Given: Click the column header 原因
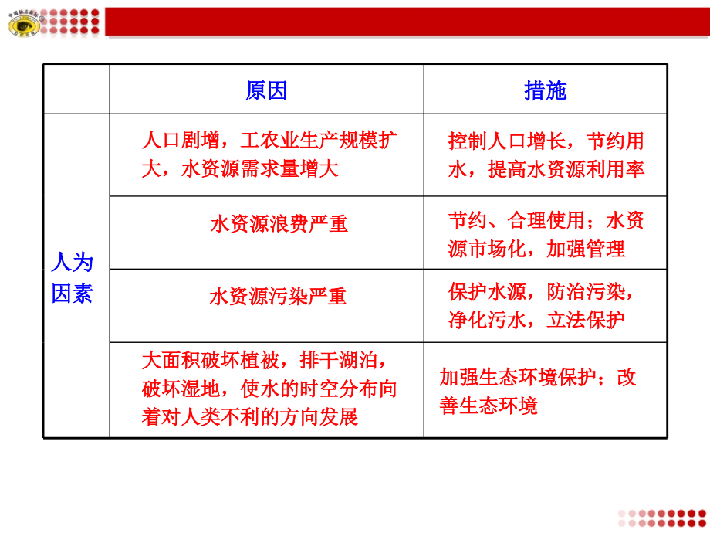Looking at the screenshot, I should [x=266, y=91].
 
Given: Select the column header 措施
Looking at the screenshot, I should [x=545, y=91].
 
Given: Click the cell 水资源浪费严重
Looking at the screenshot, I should [x=279, y=224].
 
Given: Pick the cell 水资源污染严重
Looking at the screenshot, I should [x=278, y=297].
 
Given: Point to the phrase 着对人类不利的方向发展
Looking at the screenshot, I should [x=250, y=417].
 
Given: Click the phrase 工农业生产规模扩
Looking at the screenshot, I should [x=319, y=141].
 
